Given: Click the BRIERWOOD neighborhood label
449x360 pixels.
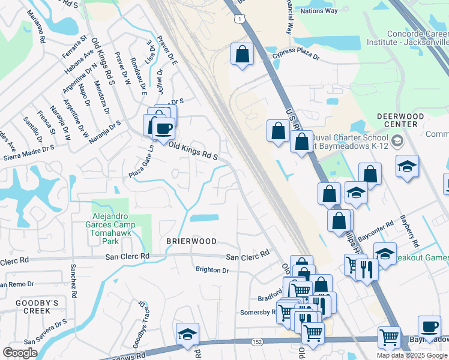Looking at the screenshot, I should [191, 241].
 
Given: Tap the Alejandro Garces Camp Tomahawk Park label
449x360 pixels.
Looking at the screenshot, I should [113, 225].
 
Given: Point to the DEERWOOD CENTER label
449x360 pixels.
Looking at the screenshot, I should [400, 120].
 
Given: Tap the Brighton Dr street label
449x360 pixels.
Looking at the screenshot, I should [212, 270].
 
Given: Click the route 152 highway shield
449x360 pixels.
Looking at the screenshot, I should [257, 342].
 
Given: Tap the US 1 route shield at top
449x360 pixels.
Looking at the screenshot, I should [240, 20].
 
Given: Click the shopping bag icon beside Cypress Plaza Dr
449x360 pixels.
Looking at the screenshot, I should [242, 54].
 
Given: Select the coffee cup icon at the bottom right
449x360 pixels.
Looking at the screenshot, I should [429, 326].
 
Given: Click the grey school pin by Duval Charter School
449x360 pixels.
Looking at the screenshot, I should [396, 142].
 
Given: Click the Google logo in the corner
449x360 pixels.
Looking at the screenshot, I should [20, 353].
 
